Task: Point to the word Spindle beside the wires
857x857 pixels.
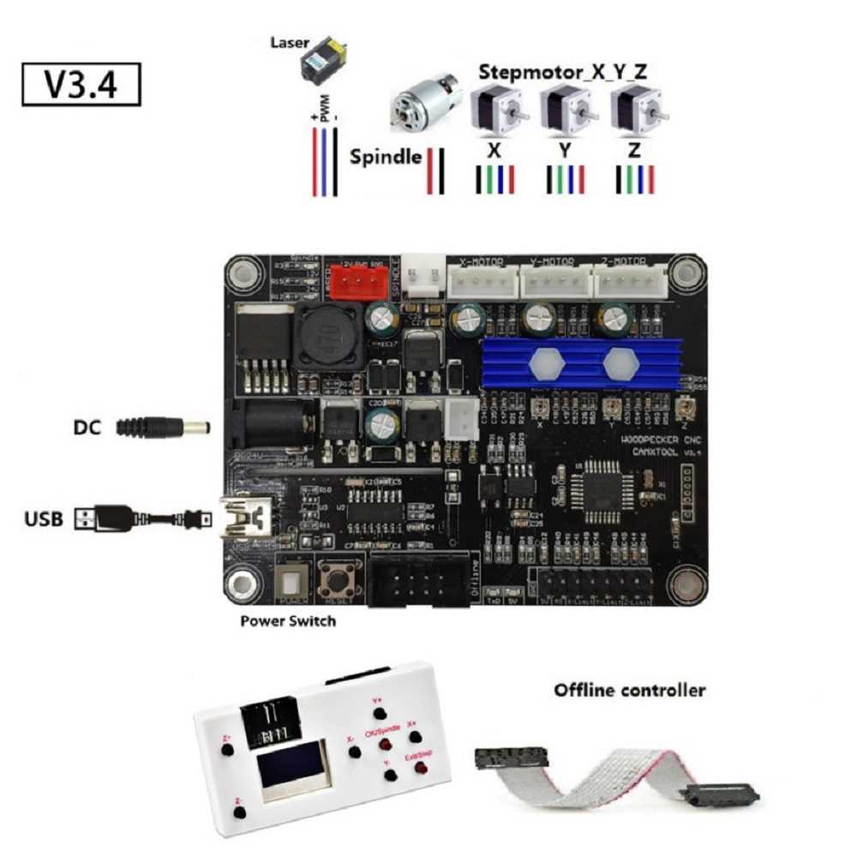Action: [386, 158]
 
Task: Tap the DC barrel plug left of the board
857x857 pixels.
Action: [164, 425]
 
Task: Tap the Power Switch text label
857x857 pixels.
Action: [288, 620]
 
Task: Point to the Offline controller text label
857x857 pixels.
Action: [630, 690]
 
